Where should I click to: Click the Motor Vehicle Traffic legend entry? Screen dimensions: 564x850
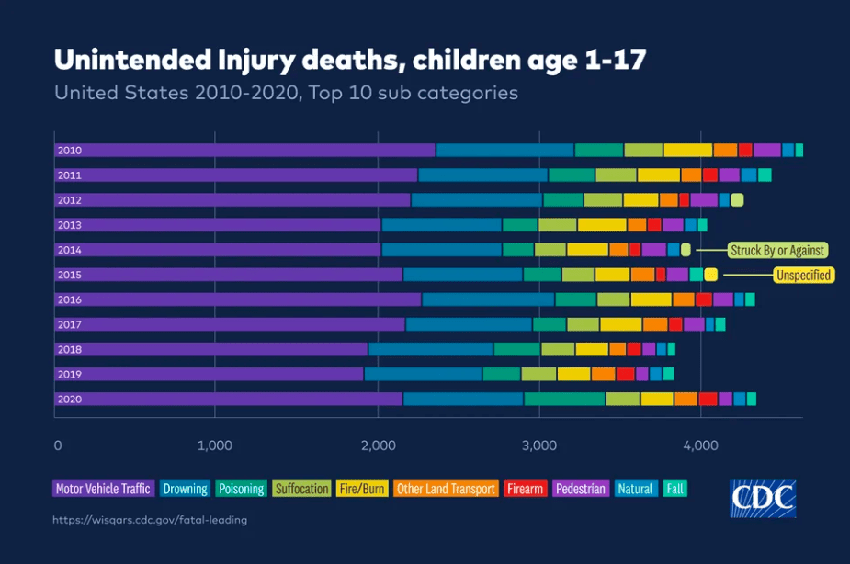(x=103, y=489)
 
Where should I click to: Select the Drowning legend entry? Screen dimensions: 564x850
(x=185, y=489)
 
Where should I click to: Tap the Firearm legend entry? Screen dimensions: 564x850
(x=526, y=489)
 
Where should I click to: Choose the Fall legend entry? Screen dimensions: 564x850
(x=675, y=489)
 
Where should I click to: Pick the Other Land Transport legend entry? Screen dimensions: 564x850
(x=446, y=489)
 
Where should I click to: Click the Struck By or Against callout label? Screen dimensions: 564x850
(x=777, y=250)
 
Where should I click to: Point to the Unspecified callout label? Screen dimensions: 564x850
(x=804, y=275)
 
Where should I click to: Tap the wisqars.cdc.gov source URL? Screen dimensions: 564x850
(x=151, y=520)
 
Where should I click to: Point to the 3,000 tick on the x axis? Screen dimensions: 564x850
(x=539, y=446)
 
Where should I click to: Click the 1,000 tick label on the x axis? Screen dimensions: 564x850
(x=215, y=446)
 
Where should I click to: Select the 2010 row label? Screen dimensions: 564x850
(x=70, y=151)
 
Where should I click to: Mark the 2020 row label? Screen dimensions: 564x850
(x=70, y=399)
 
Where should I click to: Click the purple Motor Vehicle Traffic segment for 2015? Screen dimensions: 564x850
(x=230, y=275)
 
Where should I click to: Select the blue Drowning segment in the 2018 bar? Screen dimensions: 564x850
(x=430, y=349)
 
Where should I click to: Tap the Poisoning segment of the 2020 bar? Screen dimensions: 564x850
(x=564, y=399)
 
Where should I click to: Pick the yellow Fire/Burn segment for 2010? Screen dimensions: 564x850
(x=687, y=151)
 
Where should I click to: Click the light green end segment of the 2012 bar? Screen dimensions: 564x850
(x=737, y=200)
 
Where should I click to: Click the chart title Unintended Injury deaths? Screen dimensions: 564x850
(x=350, y=60)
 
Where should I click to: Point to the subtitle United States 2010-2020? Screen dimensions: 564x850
(x=286, y=93)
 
